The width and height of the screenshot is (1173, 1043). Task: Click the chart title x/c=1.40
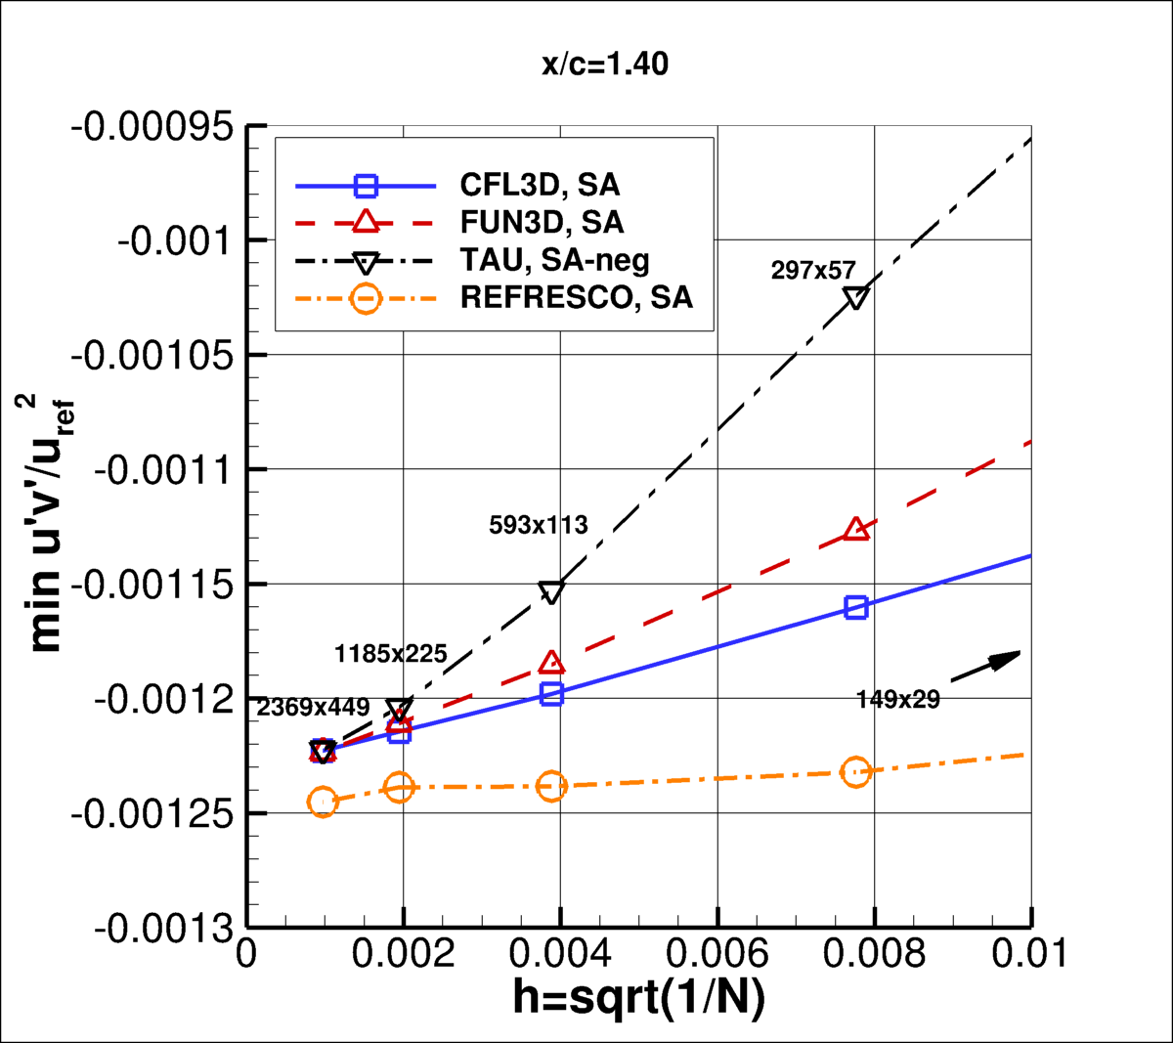click(x=605, y=65)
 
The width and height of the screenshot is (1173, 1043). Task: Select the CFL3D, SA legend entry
click(x=540, y=185)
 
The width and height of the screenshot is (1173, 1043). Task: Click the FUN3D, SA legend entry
click(x=542, y=222)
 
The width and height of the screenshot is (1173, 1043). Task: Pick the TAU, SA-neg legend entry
click(x=554, y=260)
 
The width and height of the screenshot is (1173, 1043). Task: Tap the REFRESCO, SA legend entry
click(x=576, y=297)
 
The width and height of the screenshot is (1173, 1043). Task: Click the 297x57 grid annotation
click(x=813, y=271)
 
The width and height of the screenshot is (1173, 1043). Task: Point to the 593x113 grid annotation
click(x=539, y=525)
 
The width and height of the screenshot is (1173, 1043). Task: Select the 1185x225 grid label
click(x=391, y=654)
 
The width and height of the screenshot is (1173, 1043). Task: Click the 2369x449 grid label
click(x=313, y=707)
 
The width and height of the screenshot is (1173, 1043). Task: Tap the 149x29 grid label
click(x=897, y=699)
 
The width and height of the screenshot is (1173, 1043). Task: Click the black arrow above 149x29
click(x=985, y=666)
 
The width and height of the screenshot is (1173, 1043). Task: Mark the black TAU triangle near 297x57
click(x=856, y=298)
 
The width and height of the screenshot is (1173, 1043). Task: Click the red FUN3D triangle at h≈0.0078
click(x=856, y=529)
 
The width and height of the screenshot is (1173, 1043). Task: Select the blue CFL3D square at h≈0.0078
click(x=856, y=607)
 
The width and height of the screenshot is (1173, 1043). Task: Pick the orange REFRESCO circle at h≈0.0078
click(x=856, y=772)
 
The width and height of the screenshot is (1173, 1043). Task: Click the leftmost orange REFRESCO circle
click(x=323, y=802)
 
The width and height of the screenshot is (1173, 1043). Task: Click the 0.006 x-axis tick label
click(x=717, y=953)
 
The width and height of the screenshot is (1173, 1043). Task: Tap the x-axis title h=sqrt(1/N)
click(x=638, y=998)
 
